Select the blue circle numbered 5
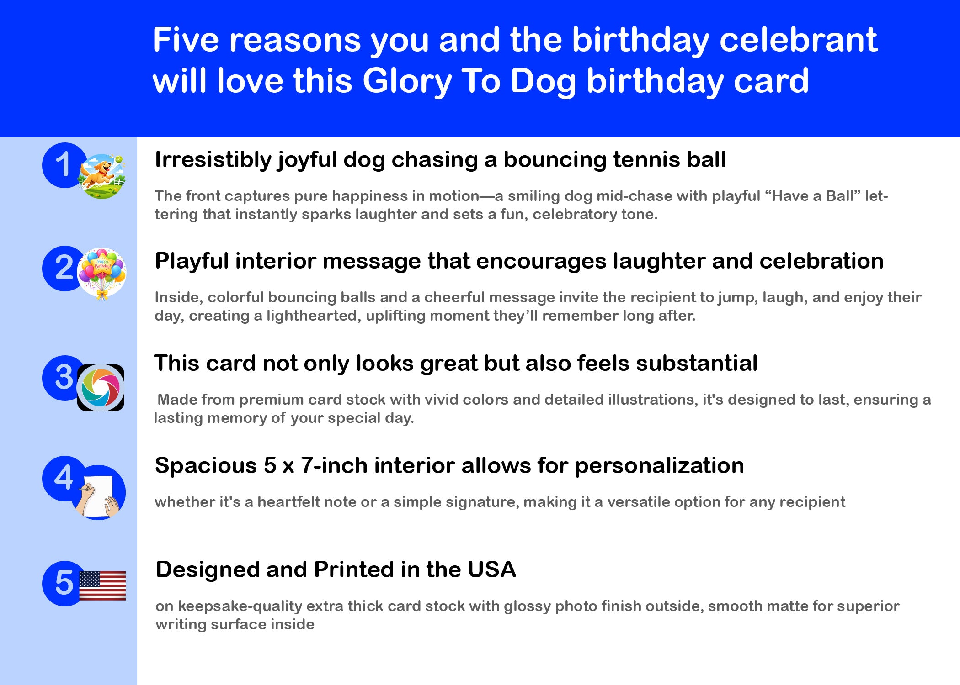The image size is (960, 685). coord(63,584)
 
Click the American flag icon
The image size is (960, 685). coord(102,585)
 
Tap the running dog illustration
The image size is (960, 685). coord(101,176)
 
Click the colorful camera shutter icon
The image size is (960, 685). coord(101,388)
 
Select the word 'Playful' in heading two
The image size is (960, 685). coord(192,262)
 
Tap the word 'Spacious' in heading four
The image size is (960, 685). coord(206,466)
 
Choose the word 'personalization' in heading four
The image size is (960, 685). coord(659,466)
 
